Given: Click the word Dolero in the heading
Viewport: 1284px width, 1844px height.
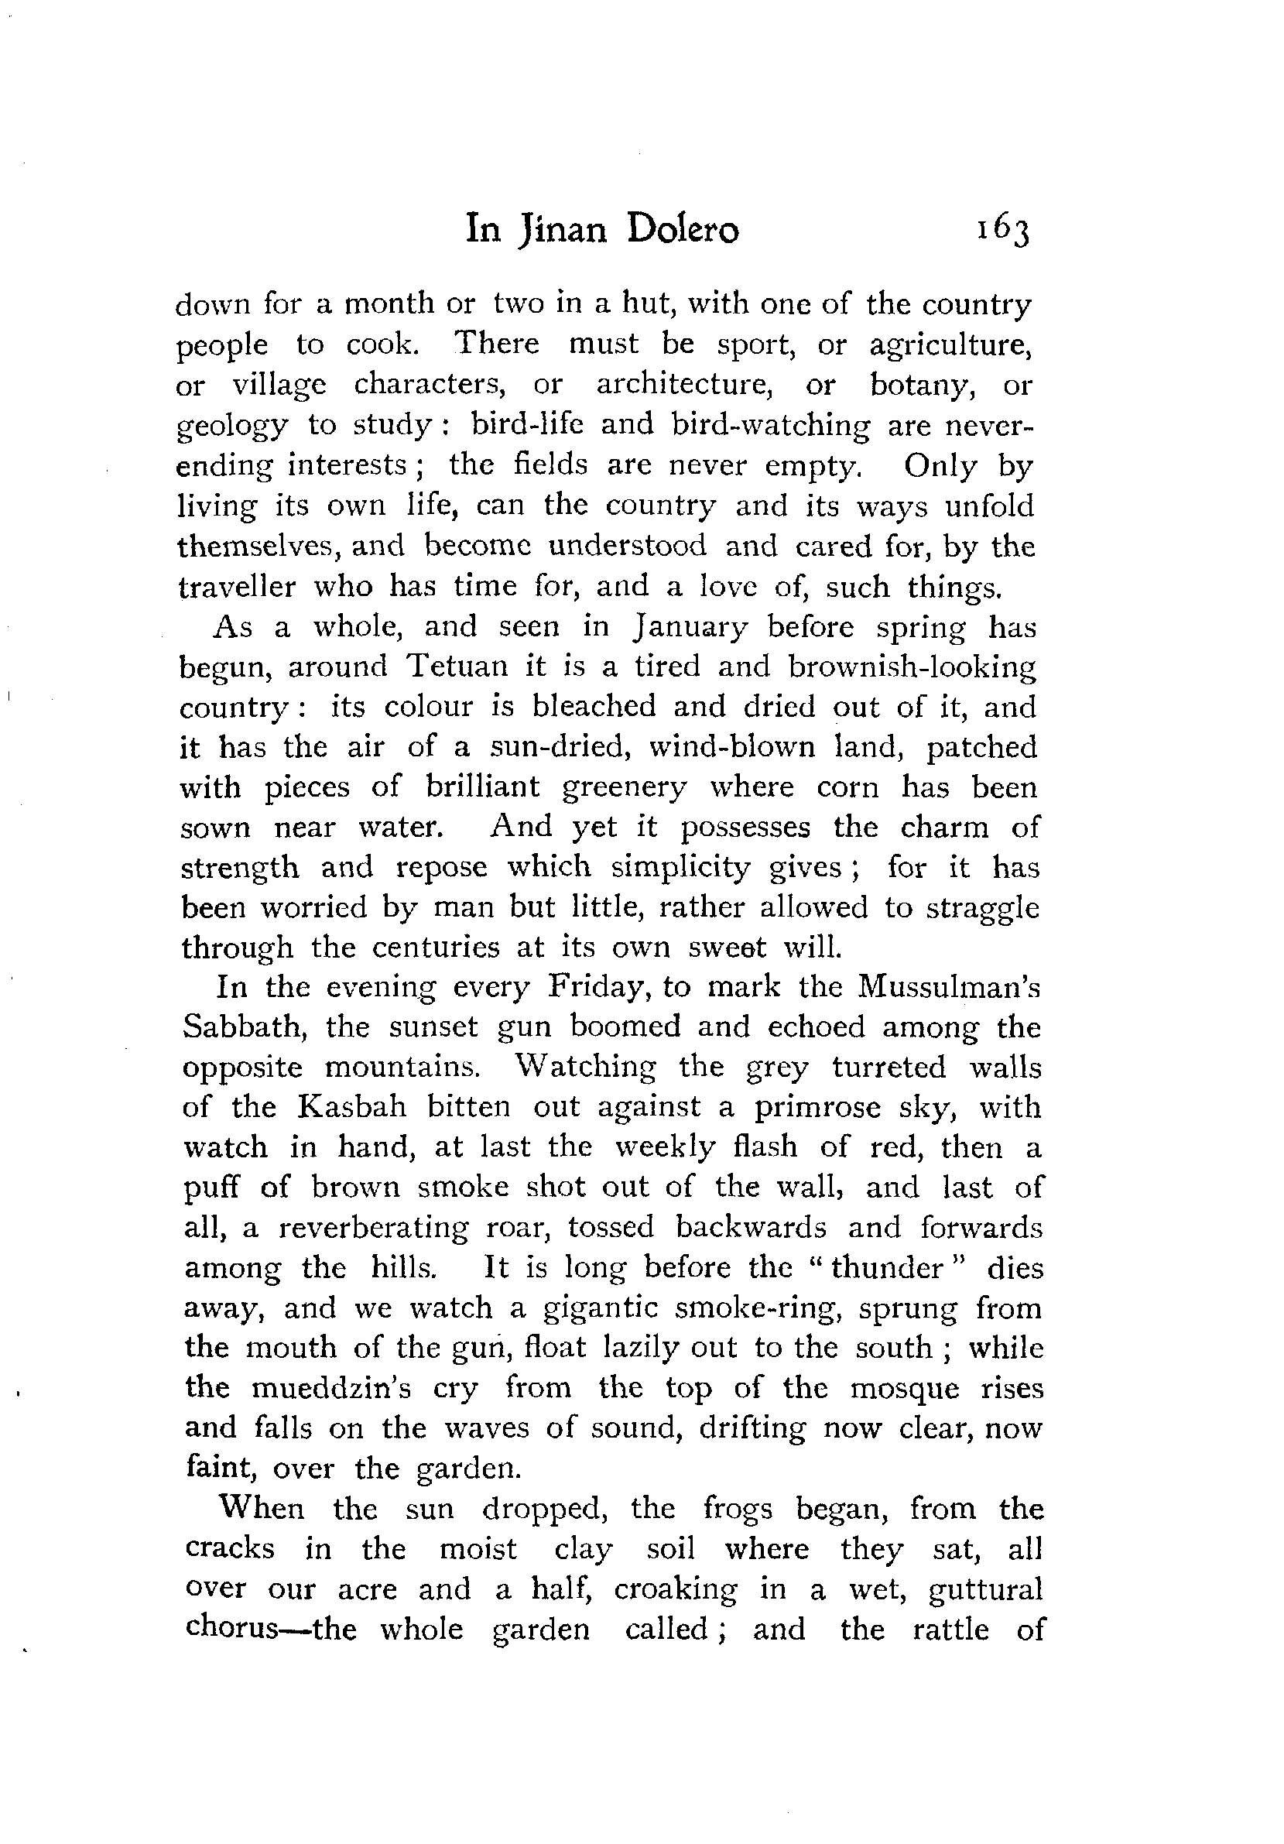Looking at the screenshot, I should (x=683, y=230).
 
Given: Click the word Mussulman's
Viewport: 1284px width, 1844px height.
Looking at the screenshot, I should (x=948, y=987).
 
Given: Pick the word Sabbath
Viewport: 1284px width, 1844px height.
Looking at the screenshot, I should (x=244, y=1027).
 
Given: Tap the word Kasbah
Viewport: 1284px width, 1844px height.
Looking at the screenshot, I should (x=351, y=1108).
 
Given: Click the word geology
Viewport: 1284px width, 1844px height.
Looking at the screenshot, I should (x=231, y=427).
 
